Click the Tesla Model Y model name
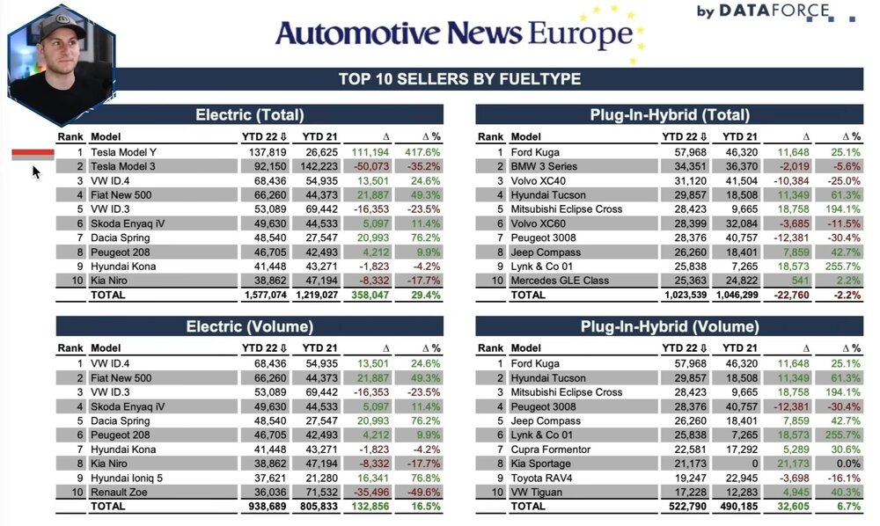pos(125,152)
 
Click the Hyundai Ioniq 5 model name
pos(127,478)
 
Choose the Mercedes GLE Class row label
pos(561,280)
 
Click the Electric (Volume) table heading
pos(250,326)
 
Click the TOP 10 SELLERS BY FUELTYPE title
pos(459,79)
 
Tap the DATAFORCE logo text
pos(774,11)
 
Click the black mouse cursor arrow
pos(37,172)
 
